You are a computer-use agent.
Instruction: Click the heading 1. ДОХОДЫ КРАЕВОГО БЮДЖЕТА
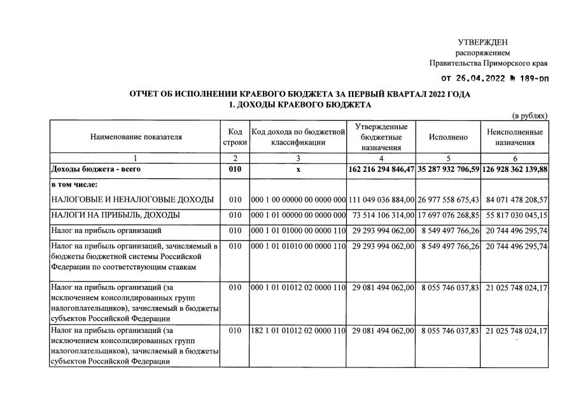click(300, 104)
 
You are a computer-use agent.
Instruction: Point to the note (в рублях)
click(530, 115)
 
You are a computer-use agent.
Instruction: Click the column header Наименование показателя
click(136, 137)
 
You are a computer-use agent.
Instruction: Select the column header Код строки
click(235, 137)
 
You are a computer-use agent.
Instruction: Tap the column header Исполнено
click(448, 137)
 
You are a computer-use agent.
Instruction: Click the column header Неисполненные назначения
click(515, 137)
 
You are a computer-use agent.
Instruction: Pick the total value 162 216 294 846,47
click(381, 170)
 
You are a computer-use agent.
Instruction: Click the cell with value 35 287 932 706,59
click(448, 170)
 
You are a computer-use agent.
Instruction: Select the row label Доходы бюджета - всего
click(96, 170)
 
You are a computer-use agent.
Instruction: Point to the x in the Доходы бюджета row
click(298, 170)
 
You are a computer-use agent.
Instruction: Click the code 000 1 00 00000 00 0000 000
click(298, 200)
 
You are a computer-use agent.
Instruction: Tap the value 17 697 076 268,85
click(449, 215)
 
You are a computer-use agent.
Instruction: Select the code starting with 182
click(298, 332)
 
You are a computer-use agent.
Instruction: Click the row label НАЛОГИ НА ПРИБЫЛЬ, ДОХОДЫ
click(115, 215)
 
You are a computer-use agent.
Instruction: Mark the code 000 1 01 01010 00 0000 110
click(298, 245)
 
